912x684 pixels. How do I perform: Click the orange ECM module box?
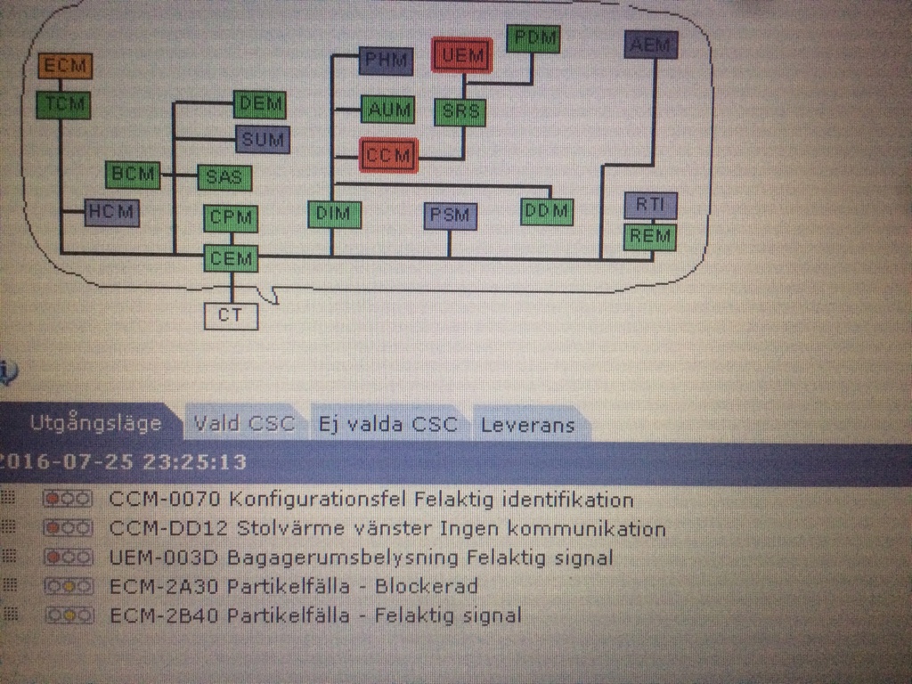tap(65, 65)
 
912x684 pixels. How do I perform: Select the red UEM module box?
tap(462, 55)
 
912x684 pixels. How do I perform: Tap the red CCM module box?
tap(388, 155)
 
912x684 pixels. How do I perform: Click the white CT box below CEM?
tap(231, 316)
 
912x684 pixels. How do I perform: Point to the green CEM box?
tap(231, 258)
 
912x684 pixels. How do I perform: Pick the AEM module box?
tap(651, 45)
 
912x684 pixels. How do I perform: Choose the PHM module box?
tap(387, 61)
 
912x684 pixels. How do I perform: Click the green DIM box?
tap(335, 214)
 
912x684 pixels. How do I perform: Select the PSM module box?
tap(450, 216)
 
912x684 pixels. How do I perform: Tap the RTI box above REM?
tap(650, 205)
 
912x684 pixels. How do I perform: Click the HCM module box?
tap(111, 212)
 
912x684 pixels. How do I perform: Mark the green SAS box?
tap(224, 177)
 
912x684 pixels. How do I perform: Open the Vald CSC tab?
tap(244, 423)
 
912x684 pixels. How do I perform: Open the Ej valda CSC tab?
tap(388, 424)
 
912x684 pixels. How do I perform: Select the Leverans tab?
tap(528, 425)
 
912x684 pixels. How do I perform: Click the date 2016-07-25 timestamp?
tap(124, 462)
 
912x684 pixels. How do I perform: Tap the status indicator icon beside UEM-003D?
tap(68, 558)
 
